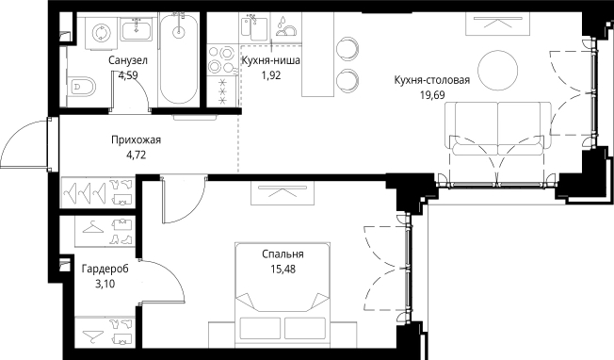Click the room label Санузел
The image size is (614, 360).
click(127, 61)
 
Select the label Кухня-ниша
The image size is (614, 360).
click(271, 61)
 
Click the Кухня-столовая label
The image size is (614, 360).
click(432, 79)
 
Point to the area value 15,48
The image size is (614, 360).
click(283, 269)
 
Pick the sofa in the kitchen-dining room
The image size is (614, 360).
click(499, 133)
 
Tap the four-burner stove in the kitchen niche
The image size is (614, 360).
click(224, 59)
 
